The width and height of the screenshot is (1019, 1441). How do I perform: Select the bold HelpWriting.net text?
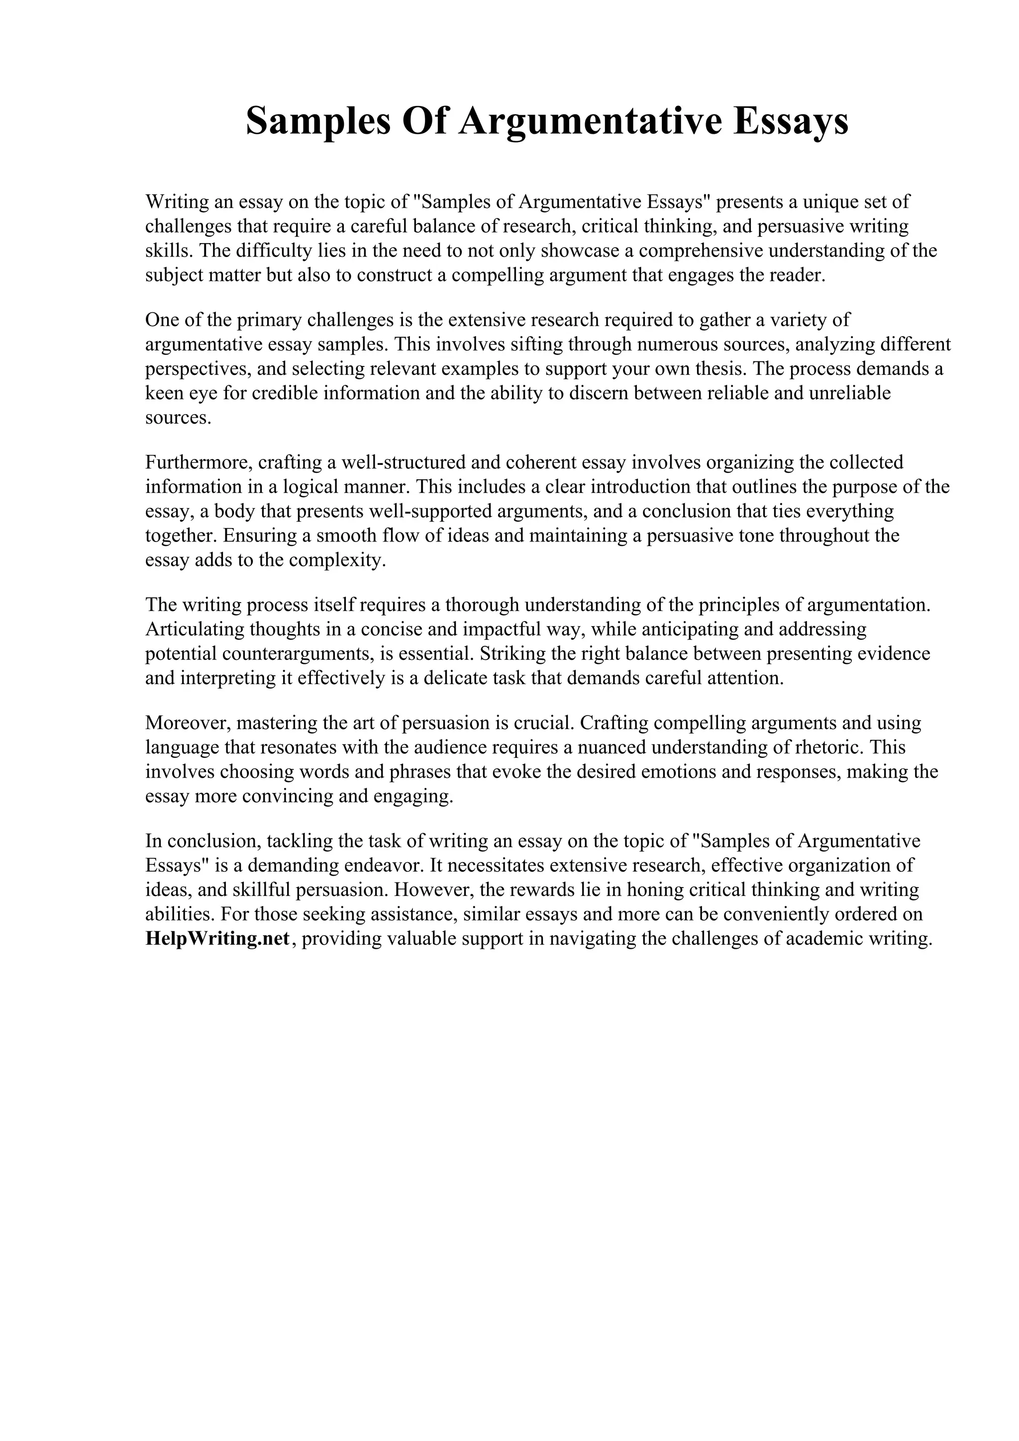pyautogui.click(x=217, y=938)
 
